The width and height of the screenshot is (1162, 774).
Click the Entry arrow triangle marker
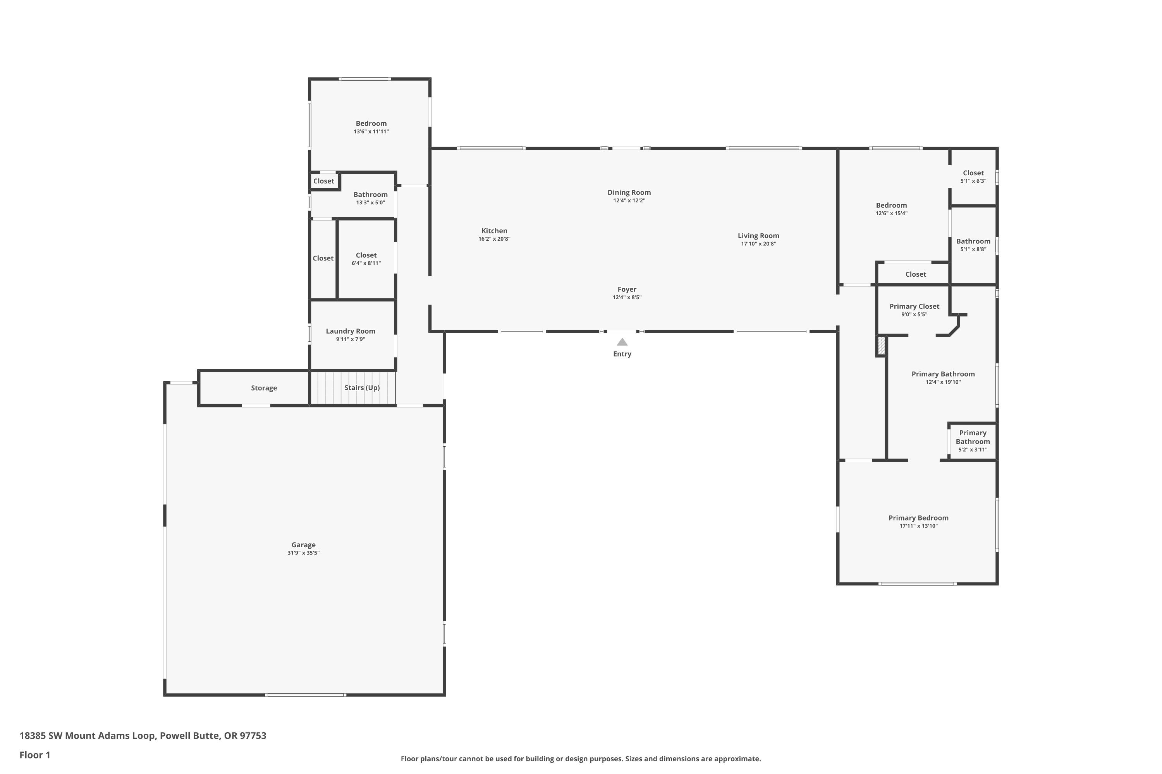[622, 342]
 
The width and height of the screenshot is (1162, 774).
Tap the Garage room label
[303, 545]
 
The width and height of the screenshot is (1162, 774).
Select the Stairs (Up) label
[362, 388]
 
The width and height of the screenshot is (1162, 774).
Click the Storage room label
[264, 388]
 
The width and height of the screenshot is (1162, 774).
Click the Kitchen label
[494, 231]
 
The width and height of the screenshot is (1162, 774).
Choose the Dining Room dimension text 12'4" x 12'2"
[629, 200]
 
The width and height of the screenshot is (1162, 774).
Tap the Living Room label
[758, 236]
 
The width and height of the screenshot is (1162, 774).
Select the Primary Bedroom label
[918, 518]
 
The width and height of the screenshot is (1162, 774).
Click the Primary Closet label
[914, 307]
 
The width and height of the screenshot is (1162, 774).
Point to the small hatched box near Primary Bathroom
[881, 345]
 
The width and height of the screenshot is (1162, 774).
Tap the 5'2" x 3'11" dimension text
[972, 450]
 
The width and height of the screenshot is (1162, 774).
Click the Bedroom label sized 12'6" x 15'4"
[891, 205]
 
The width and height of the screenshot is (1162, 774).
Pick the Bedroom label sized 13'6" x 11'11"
[371, 123]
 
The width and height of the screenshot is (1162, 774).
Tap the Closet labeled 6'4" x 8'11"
[366, 255]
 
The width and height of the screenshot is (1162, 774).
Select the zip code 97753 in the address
[253, 736]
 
